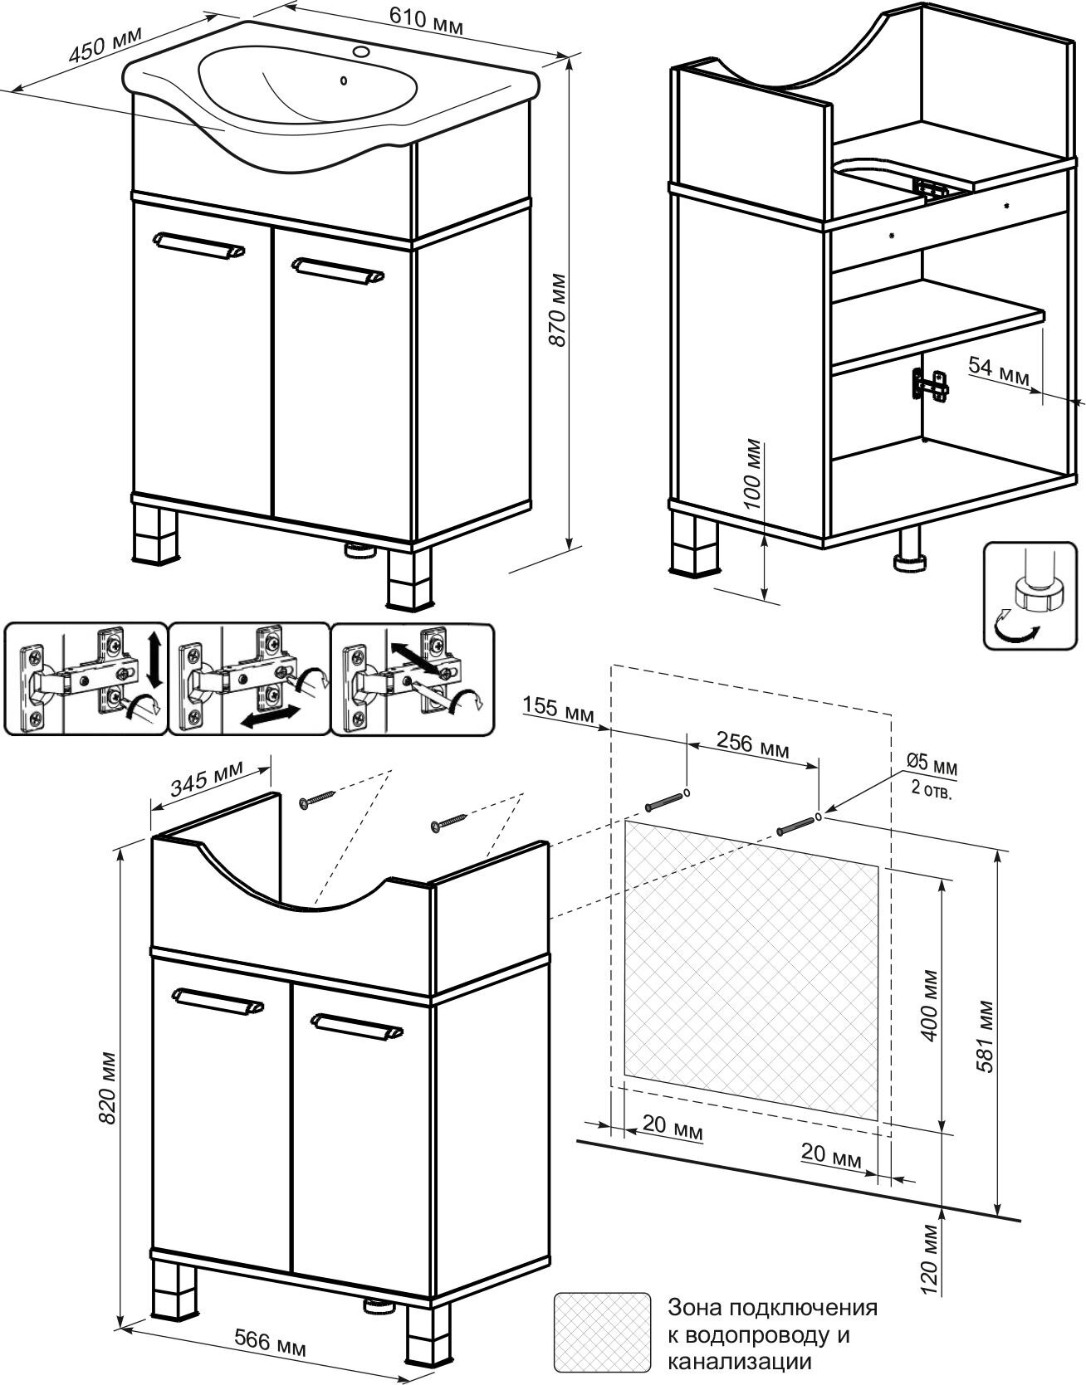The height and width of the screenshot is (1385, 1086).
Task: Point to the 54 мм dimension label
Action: click(999, 370)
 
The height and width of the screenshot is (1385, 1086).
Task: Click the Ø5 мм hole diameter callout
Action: click(931, 761)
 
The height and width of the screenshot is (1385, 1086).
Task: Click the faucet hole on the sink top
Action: click(362, 52)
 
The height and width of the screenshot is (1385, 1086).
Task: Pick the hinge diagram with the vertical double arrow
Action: click(86, 679)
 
